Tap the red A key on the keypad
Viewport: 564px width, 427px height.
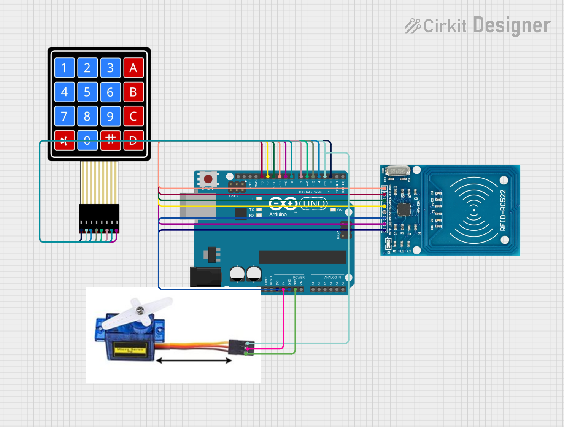click(x=133, y=68)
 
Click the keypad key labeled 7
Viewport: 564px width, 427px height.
click(x=64, y=116)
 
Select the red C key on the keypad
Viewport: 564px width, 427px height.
click(x=133, y=116)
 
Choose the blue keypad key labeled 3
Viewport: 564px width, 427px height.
click(x=110, y=68)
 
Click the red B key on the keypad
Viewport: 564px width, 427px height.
click(x=133, y=92)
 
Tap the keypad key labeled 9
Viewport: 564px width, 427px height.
click(x=110, y=116)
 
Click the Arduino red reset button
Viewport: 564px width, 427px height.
click(x=208, y=179)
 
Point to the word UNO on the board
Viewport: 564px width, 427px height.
click(x=313, y=204)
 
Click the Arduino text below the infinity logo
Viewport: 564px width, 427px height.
click(x=278, y=214)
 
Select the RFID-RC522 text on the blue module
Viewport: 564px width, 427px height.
click(x=503, y=210)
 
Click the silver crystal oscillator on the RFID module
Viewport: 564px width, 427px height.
click(x=397, y=171)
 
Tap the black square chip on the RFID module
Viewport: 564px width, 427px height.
click(x=404, y=209)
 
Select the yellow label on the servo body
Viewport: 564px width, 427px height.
click(x=130, y=349)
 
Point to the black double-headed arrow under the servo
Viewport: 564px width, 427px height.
click(x=194, y=360)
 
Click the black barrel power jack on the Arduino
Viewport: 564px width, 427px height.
click(x=205, y=277)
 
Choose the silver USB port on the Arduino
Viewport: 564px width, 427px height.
click(x=198, y=206)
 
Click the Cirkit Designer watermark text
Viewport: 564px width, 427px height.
click(x=478, y=25)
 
